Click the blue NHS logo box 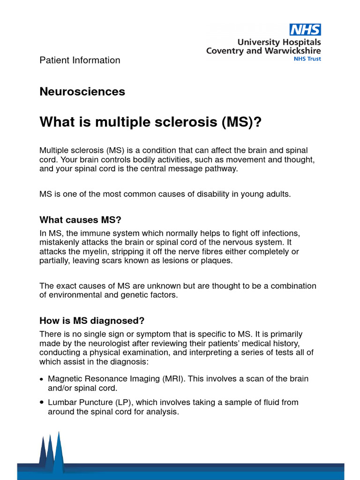(x=305, y=30)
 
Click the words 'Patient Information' (x=80, y=60)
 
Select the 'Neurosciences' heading (x=82, y=91)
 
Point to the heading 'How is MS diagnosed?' (x=92, y=321)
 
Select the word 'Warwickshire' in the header (x=292, y=51)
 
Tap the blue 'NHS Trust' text (x=307, y=59)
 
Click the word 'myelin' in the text (x=86, y=251)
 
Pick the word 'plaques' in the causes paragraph (x=217, y=260)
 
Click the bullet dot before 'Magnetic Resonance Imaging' (x=42, y=379)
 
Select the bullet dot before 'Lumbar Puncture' (x=42, y=402)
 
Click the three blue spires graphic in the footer (x=51, y=450)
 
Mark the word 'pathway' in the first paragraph (x=223, y=169)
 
